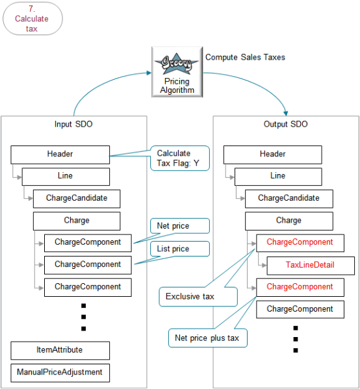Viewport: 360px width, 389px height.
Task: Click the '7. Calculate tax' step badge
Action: (x=32, y=19)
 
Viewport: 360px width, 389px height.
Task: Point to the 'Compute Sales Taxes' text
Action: (x=245, y=57)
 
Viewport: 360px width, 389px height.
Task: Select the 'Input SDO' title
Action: (x=73, y=124)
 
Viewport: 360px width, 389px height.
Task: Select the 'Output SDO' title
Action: (x=285, y=124)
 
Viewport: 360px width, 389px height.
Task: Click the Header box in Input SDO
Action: (x=60, y=155)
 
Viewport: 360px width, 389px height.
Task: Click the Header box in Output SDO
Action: (x=272, y=155)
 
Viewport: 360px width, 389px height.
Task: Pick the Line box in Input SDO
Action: (x=66, y=176)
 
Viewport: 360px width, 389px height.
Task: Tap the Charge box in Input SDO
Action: (x=77, y=221)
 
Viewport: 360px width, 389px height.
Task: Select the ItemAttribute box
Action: (x=60, y=351)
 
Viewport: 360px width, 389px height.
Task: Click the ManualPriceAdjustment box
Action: (x=60, y=373)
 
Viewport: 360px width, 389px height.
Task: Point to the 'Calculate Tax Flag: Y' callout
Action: (x=179, y=158)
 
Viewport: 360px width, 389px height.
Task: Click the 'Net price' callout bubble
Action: (x=180, y=226)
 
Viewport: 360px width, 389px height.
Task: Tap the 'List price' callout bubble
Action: (x=180, y=248)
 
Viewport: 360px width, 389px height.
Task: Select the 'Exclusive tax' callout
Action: (x=198, y=297)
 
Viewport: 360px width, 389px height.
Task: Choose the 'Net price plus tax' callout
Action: (x=205, y=338)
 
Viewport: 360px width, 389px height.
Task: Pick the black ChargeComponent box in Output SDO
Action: (x=300, y=309)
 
